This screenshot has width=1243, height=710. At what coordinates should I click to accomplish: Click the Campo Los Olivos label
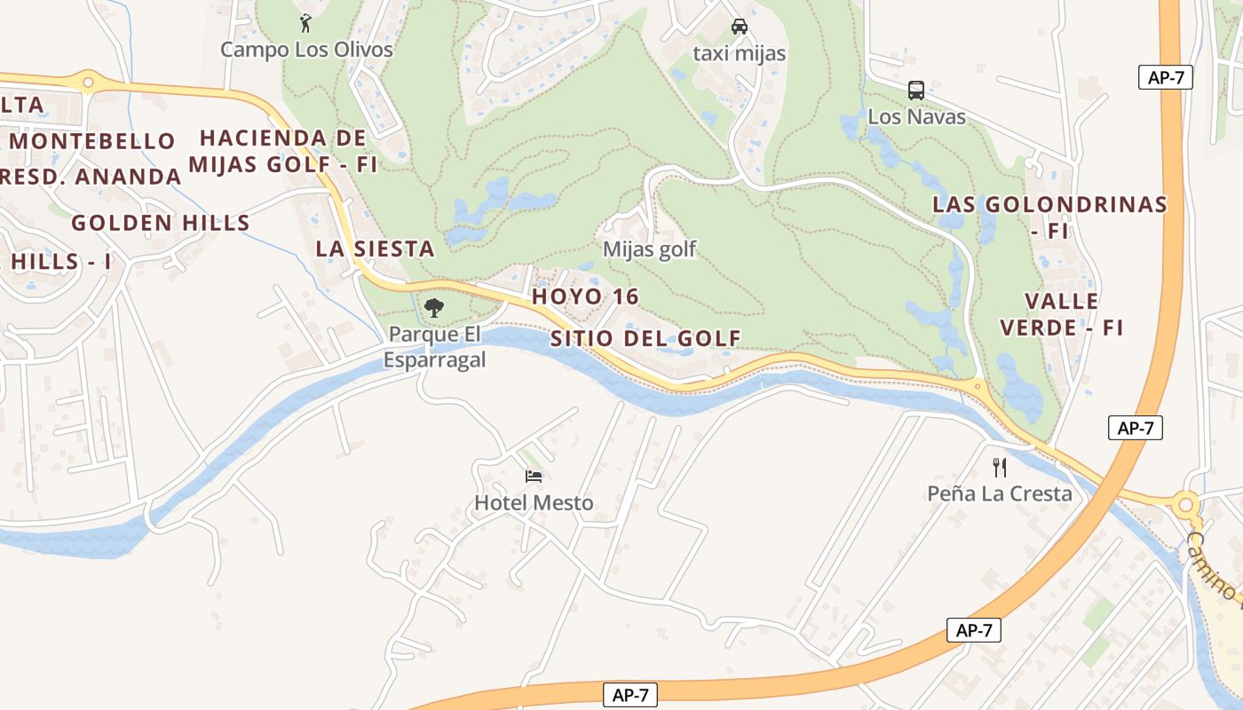(x=306, y=50)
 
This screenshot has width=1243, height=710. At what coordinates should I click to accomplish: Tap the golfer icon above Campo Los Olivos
(x=306, y=23)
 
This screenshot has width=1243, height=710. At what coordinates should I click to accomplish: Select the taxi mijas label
(x=739, y=53)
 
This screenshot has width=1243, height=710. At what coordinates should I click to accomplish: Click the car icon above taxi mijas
(x=739, y=27)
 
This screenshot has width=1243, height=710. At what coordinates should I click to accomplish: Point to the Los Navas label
(x=916, y=116)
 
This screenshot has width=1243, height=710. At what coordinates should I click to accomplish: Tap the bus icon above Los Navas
(x=916, y=91)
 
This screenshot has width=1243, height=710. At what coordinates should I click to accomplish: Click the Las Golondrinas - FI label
(x=1049, y=217)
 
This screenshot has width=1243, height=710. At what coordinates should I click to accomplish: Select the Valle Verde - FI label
(x=1062, y=314)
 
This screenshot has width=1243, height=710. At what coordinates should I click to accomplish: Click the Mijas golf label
(x=650, y=250)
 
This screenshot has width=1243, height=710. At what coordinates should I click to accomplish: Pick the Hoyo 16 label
(x=585, y=296)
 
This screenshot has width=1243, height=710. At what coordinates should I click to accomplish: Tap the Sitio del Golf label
(x=645, y=338)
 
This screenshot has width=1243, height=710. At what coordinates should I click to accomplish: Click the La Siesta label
(x=376, y=249)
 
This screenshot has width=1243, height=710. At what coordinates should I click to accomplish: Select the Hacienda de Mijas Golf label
(x=283, y=151)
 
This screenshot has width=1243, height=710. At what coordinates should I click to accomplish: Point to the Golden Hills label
(x=161, y=223)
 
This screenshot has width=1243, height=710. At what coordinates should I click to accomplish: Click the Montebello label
(x=93, y=141)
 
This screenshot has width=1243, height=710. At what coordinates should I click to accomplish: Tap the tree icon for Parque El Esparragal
(x=434, y=308)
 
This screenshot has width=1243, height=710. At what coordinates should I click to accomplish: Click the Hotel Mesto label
(x=534, y=503)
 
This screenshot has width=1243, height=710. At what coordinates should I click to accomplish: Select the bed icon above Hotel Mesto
(x=534, y=477)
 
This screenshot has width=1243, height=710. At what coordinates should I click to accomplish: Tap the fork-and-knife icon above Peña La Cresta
(x=1000, y=467)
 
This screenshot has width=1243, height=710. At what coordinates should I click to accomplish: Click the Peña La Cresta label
(x=1000, y=493)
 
